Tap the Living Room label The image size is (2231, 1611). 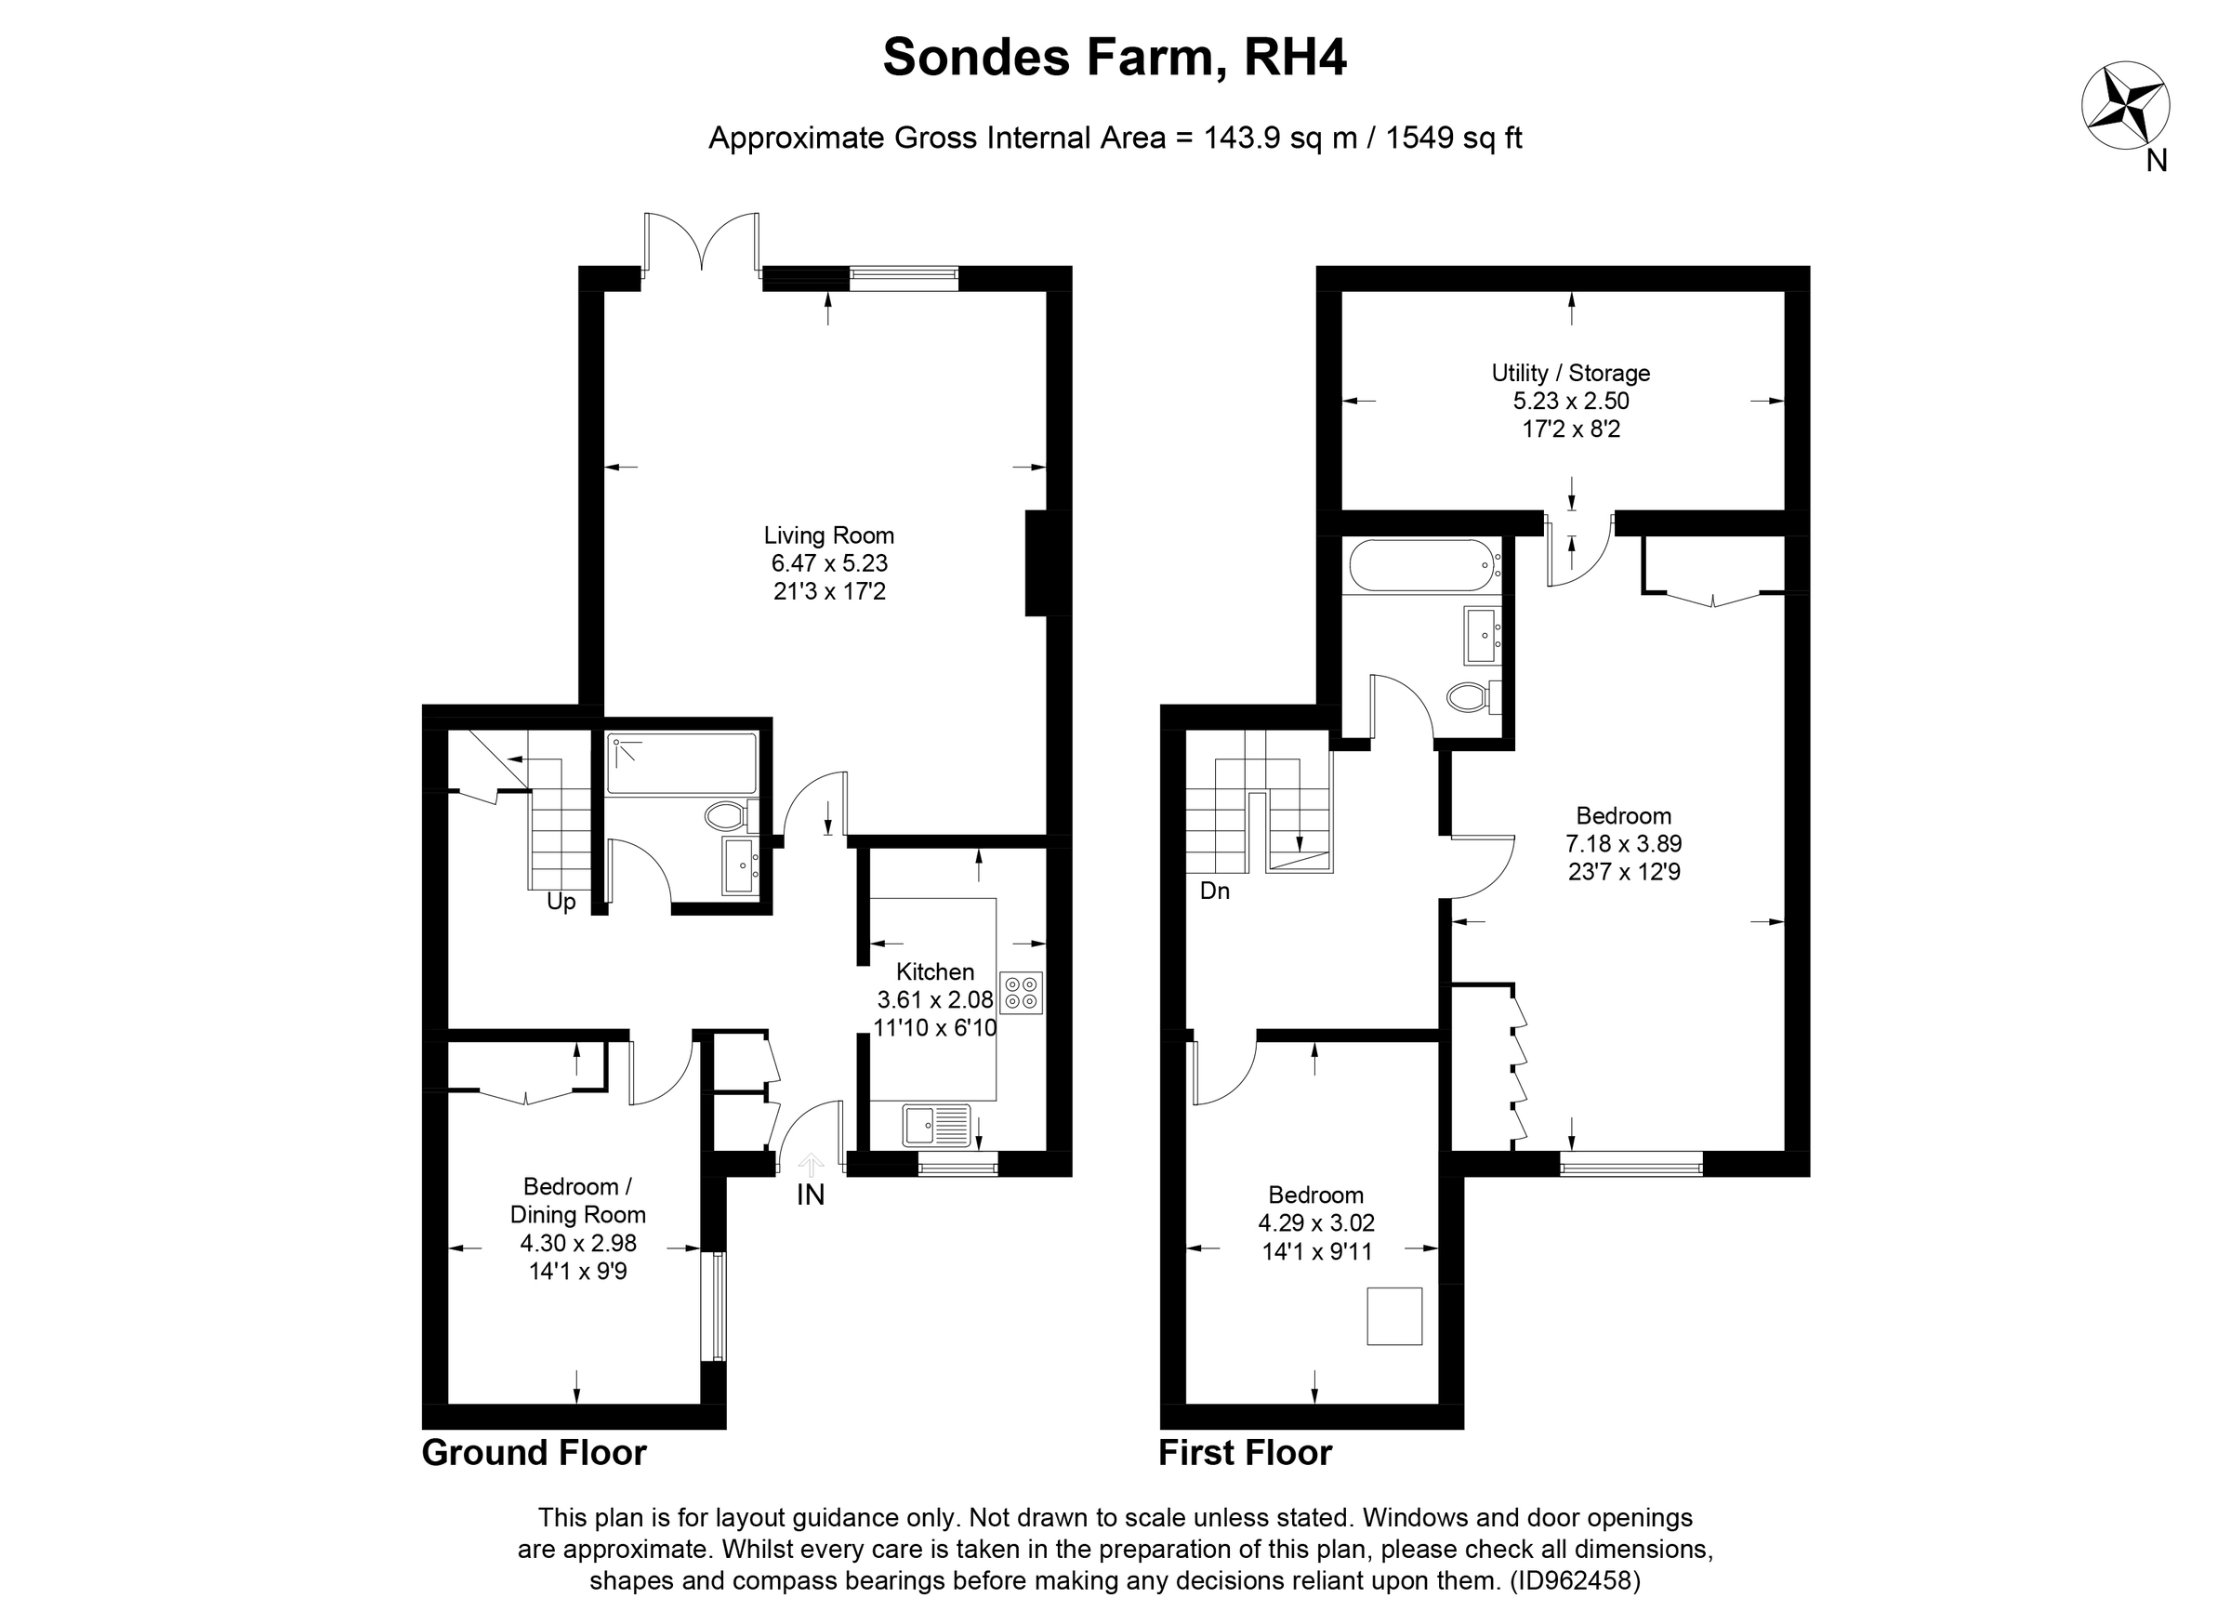[x=828, y=536]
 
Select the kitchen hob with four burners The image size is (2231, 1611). [x=1021, y=993]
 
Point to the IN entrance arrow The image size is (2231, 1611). [x=811, y=1168]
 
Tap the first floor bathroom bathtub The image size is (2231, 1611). [x=1420, y=565]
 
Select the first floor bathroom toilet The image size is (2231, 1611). [x=1472, y=697]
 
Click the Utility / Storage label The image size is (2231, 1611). [x=1570, y=374]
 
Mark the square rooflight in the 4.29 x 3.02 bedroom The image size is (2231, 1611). [x=1393, y=1316]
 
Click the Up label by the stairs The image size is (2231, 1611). [x=561, y=902]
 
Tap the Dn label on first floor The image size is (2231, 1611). [x=1215, y=891]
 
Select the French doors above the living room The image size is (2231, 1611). [x=701, y=241]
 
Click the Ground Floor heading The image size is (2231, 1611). [x=535, y=1453]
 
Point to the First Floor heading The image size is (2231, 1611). [x=1245, y=1453]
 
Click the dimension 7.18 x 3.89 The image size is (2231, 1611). [x=1623, y=844]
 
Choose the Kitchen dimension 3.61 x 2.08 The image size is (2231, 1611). [x=934, y=1000]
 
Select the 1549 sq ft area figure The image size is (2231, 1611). [x=1453, y=138]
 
